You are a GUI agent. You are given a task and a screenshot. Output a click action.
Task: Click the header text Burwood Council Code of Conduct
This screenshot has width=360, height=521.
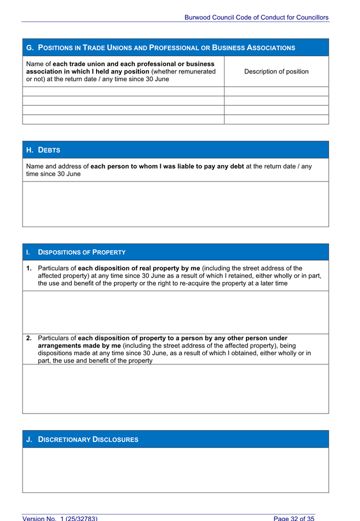pos(256,18)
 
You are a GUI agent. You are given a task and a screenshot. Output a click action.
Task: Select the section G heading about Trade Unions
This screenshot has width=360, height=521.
pos(160,48)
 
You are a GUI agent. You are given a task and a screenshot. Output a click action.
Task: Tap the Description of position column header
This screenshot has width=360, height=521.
pos(276,72)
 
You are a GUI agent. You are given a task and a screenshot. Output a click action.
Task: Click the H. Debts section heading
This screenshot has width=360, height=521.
pos(43,150)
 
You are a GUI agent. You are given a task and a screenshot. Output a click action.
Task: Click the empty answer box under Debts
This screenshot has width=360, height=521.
pos(175,203)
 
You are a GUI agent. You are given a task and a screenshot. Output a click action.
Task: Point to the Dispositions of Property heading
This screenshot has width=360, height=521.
pos(81,252)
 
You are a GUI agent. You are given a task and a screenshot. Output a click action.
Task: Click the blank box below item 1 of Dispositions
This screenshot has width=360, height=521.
pos(175,312)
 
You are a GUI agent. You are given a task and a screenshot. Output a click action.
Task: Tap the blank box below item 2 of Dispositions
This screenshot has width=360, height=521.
pos(175,389)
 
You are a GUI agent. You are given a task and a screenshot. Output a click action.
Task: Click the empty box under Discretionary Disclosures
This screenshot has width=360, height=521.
pos(175,470)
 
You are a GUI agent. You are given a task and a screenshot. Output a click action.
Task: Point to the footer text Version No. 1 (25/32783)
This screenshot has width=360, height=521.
pos(60,518)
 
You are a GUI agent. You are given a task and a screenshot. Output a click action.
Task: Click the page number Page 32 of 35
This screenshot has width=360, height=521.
pos(294,518)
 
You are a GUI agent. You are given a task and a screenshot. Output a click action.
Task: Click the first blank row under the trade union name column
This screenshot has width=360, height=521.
pos(123,92)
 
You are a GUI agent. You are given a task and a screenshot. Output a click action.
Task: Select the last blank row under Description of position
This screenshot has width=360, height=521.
pos(276,120)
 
